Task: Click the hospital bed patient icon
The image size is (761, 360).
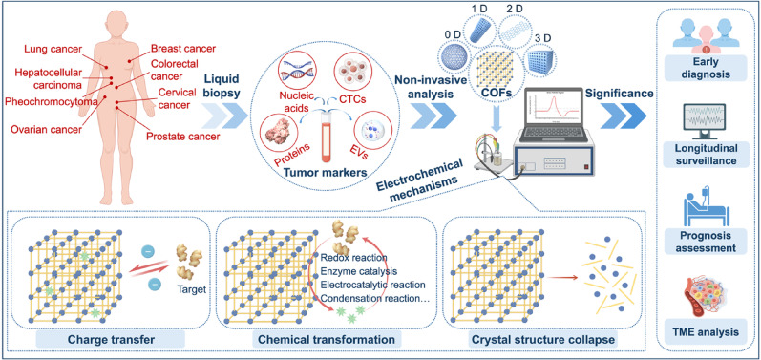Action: point(706,204)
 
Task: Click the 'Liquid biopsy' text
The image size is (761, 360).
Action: point(222,86)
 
